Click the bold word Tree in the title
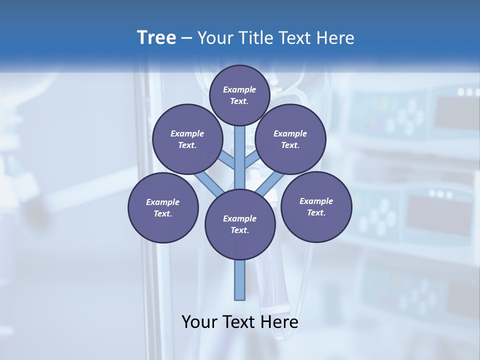(x=156, y=38)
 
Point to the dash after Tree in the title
(x=187, y=38)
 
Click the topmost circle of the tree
(x=239, y=95)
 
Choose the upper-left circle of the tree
(x=187, y=139)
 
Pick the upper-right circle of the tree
(x=290, y=139)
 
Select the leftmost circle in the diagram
(x=163, y=207)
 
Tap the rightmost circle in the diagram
(x=316, y=206)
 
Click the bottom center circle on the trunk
(x=240, y=224)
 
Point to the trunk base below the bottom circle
(x=240, y=280)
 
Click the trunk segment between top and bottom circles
(x=240, y=157)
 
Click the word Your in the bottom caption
(x=199, y=321)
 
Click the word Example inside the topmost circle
(x=239, y=89)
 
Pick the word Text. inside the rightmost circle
(x=316, y=212)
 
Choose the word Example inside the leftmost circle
(x=162, y=202)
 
